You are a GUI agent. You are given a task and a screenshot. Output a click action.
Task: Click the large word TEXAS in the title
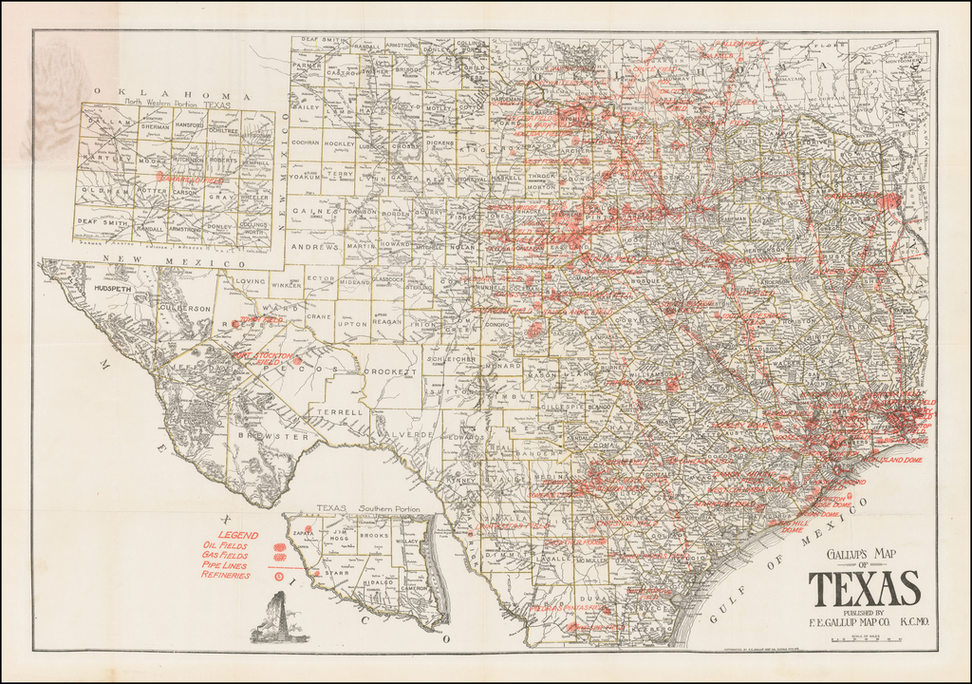(865, 590)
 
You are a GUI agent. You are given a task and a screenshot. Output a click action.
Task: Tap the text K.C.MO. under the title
(901, 622)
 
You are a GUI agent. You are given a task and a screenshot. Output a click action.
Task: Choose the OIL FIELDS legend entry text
(226, 547)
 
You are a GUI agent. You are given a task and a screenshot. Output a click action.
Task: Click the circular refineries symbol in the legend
(278, 576)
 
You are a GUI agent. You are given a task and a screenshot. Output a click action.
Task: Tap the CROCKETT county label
(391, 371)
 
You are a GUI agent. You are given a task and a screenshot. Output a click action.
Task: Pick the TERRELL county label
(346, 413)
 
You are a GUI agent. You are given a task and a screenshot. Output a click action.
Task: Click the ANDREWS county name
(315, 247)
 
